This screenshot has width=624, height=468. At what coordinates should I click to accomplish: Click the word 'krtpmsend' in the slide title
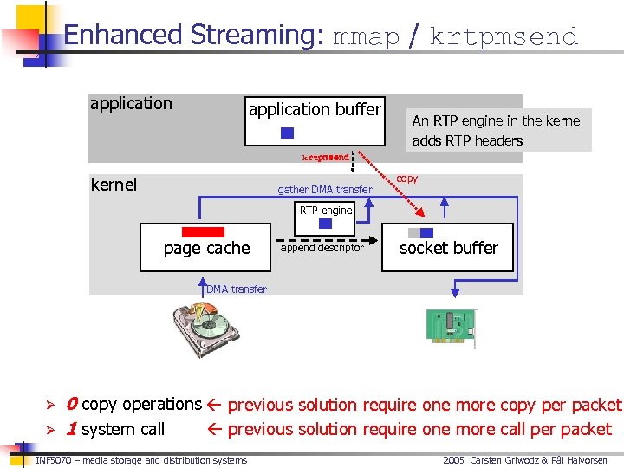click(504, 36)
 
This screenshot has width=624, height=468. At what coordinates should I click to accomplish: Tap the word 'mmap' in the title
click(366, 36)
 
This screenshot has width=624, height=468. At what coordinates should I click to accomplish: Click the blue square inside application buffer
click(288, 133)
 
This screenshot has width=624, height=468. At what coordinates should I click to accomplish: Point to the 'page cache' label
click(206, 248)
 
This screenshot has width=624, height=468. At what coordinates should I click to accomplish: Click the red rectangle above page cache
click(203, 232)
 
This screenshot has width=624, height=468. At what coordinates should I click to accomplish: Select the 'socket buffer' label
click(448, 248)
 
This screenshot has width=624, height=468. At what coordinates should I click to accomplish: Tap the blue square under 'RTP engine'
click(326, 223)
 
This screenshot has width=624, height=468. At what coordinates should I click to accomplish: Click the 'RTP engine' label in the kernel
click(326, 210)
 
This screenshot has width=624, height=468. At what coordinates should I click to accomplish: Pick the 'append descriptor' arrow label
click(322, 248)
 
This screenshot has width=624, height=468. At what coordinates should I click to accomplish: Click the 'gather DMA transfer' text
click(324, 190)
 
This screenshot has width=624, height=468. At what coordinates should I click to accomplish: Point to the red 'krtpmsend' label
click(325, 158)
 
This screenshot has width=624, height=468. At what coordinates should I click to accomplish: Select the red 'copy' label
click(406, 179)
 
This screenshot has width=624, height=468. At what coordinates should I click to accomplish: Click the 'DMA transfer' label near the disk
click(237, 289)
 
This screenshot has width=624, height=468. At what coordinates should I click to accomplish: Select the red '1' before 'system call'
click(71, 429)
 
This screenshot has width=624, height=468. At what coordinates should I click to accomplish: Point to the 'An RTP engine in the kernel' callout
click(497, 121)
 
